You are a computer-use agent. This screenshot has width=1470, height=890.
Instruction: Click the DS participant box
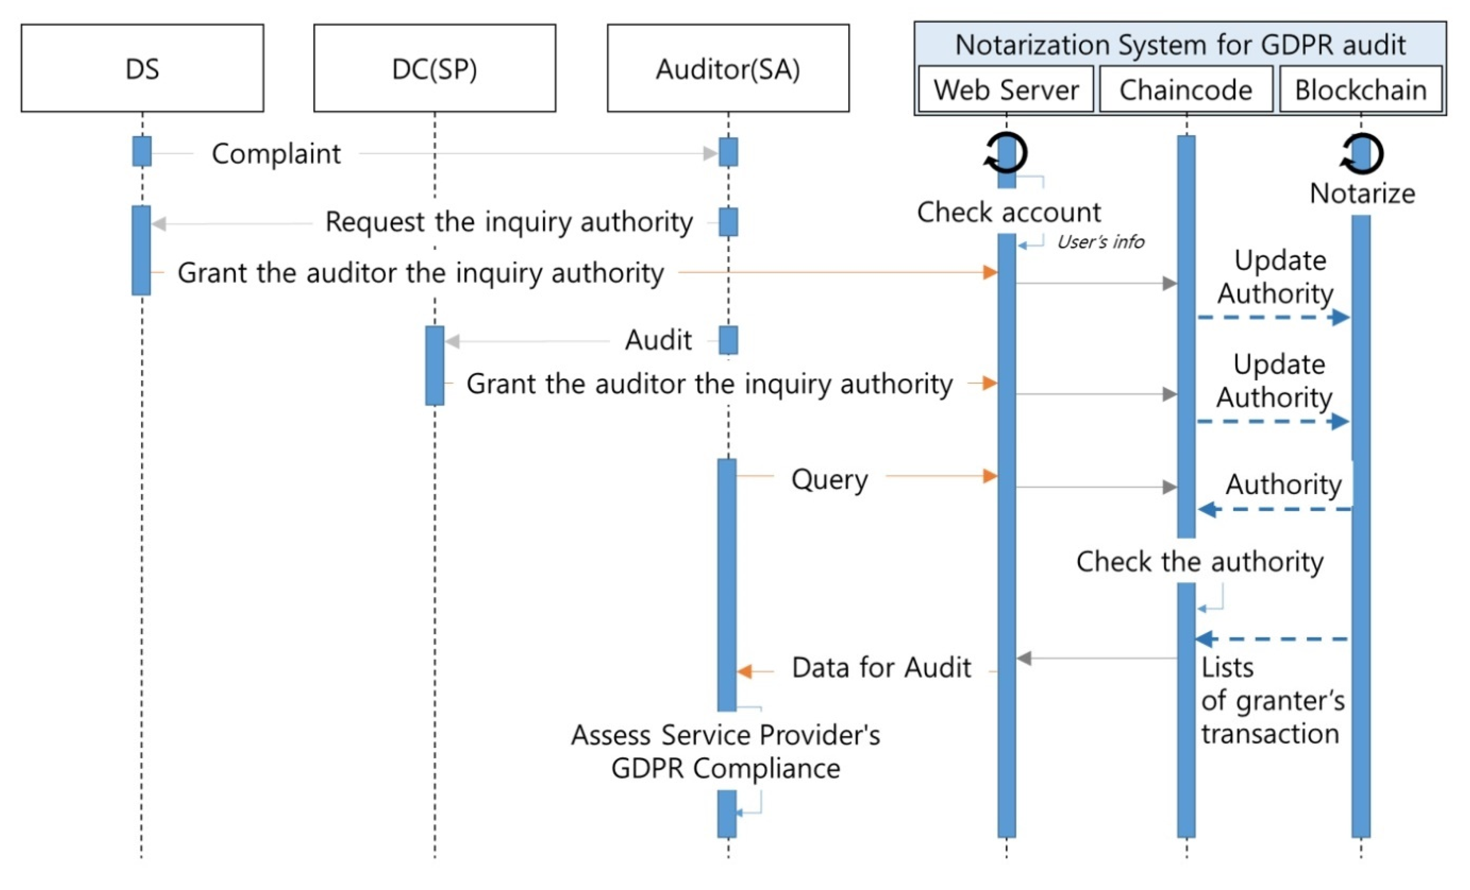pos(142,68)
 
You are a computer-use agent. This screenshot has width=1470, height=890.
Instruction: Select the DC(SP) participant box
pos(434,68)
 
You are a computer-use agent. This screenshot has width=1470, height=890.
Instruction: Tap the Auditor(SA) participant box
pos(728,68)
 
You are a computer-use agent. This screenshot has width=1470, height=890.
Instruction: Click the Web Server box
pos(1006,90)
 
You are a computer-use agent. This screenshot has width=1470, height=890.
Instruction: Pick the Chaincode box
pos(1186,90)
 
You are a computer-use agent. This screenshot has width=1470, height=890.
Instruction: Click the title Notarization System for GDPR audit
pos(1180,45)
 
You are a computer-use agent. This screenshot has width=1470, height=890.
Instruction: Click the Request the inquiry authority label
pos(509,222)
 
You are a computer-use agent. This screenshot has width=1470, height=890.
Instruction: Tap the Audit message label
pos(658,340)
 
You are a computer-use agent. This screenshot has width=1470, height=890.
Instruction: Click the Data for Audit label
pos(881,667)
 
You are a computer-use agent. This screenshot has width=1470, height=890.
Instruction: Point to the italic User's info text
pos(1100,242)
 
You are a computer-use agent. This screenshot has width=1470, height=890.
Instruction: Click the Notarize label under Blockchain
pos(1362,193)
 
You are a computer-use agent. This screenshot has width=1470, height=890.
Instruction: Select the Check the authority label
pos(1200,562)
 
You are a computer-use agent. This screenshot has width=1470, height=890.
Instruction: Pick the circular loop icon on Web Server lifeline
pos(1006,153)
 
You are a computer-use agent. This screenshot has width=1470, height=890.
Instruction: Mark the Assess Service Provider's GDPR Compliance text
pos(725,751)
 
